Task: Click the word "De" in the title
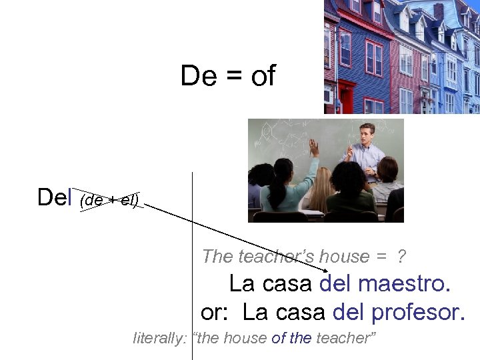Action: [198, 77]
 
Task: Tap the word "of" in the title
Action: [263, 77]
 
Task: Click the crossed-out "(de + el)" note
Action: [109, 199]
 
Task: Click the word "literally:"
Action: [160, 338]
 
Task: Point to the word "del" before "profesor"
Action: [347, 311]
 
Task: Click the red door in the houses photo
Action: [346, 97]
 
